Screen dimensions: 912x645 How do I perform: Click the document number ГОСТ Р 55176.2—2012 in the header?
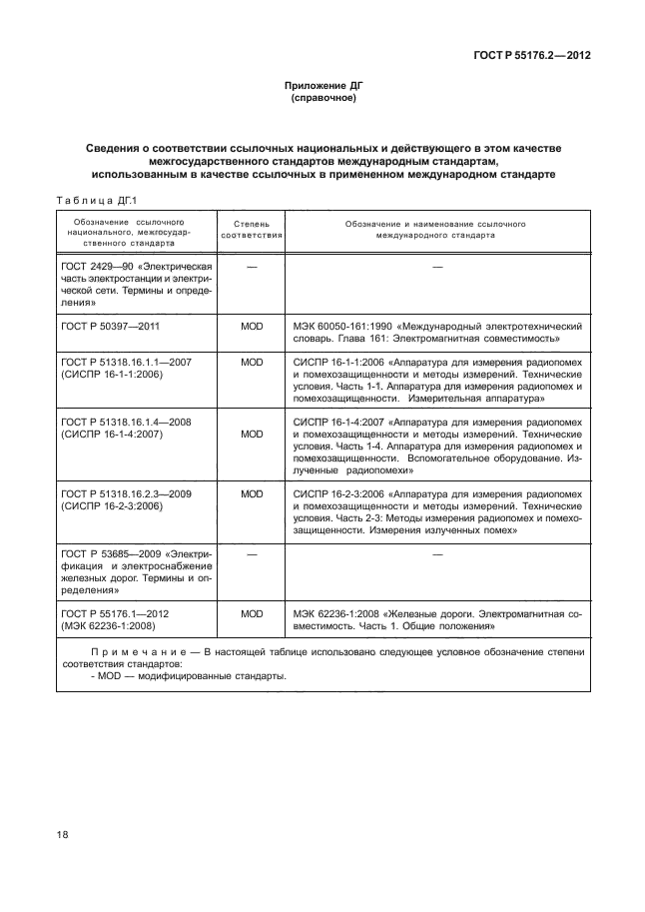pos(536,56)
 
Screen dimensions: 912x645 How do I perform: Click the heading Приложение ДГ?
pos(322,87)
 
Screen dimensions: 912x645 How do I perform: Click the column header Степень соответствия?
pos(252,231)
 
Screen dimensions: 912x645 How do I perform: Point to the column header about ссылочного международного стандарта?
pos(435,231)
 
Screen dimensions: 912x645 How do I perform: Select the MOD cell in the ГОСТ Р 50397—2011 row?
pos(252,327)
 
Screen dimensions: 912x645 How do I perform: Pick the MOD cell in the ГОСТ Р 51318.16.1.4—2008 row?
pos(252,435)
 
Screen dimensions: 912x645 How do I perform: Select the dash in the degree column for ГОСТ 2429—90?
pos(252,267)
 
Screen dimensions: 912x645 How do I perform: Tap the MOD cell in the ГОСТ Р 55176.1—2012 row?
pos(252,614)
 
